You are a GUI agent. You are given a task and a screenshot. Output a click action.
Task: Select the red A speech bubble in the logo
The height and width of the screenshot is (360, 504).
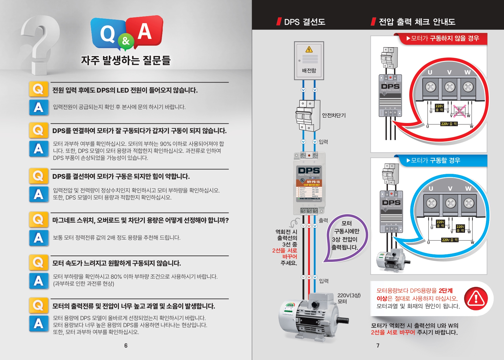pyautogui.click(x=145, y=31)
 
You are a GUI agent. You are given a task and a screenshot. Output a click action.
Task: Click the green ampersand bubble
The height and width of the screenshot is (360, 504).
pyautogui.click(x=126, y=41)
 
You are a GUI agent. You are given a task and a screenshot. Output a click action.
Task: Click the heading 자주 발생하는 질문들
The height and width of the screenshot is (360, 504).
pyautogui.click(x=126, y=60)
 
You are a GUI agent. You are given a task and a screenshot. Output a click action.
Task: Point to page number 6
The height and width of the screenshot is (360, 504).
pyautogui.click(x=126, y=345)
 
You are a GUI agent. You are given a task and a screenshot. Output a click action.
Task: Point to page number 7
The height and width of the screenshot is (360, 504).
pyautogui.click(x=378, y=345)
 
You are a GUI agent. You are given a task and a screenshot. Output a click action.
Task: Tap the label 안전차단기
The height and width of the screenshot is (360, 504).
pyautogui.click(x=334, y=115)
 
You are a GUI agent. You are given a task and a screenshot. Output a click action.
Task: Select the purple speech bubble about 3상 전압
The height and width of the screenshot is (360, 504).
pyautogui.click(x=346, y=238)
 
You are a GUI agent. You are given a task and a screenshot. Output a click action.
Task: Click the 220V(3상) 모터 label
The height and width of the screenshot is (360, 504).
pyautogui.click(x=349, y=298)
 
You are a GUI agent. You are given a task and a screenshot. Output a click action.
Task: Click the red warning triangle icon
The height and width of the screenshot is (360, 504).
pyautogui.click(x=476, y=298)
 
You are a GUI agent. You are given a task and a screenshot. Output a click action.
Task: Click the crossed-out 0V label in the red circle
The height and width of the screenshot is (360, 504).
pyautogui.click(x=460, y=111)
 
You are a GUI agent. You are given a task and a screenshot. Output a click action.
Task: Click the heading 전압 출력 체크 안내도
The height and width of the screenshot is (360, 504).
pyautogui.click(x=417, y=22)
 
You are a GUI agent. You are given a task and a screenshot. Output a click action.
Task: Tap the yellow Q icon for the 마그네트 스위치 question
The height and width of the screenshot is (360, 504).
pyautogui.click(x=38, y=220)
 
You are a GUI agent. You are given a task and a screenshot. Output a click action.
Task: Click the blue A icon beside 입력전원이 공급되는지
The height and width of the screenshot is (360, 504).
pyautogui.click(x=39, y=107)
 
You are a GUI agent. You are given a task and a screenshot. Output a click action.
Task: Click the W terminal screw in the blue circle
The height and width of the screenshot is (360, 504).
pyautogui.click(x=469, y=203)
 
